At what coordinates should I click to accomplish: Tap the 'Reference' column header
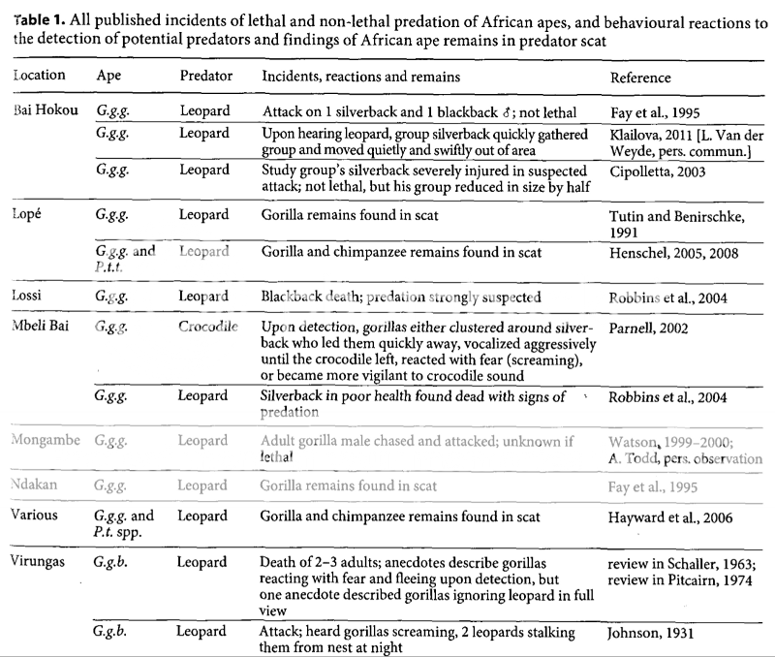[640, 77]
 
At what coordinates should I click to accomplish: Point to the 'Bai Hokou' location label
[46, 109]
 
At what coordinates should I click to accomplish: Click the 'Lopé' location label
[31, 210]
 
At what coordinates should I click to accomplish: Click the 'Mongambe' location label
[49, 441]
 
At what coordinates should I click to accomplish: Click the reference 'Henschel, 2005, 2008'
[674, 252]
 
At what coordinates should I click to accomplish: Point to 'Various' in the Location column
[40, 516]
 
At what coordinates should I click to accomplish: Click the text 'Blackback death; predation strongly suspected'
[399, 297]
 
